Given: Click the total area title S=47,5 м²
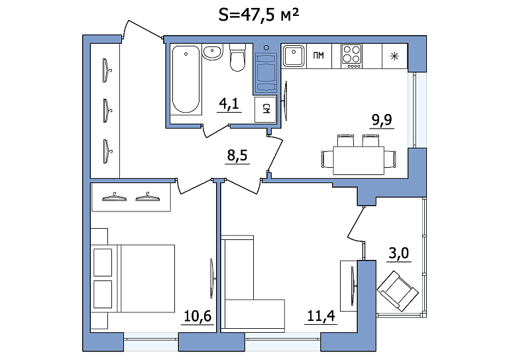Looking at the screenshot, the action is pos(258,15).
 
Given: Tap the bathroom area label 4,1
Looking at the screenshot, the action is pos(229,104).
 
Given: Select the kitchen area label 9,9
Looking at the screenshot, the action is pos(382,120).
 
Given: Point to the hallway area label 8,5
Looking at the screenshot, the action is pos(237,155).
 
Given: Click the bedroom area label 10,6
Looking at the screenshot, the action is pos(198,316).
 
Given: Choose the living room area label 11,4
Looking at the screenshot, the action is pos(321,316).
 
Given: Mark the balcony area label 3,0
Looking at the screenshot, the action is pos(398,253).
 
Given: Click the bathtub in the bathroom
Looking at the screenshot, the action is pos(186,80).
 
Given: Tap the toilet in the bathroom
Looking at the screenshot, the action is pos(237,58).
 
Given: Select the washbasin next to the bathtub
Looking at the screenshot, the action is pos(213,52).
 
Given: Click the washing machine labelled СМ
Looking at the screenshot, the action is pos(265,109).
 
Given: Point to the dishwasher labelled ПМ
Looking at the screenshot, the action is pos(319,56).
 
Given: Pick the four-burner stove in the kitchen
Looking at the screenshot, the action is pos(351,56).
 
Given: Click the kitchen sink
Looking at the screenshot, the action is pos(294,56).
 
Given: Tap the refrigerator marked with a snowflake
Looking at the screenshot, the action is pos(394,56).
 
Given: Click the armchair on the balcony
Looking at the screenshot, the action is pos(398,291).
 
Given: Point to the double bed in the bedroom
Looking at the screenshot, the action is pos(133,278).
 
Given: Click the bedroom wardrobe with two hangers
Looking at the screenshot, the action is pos(131,197).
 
